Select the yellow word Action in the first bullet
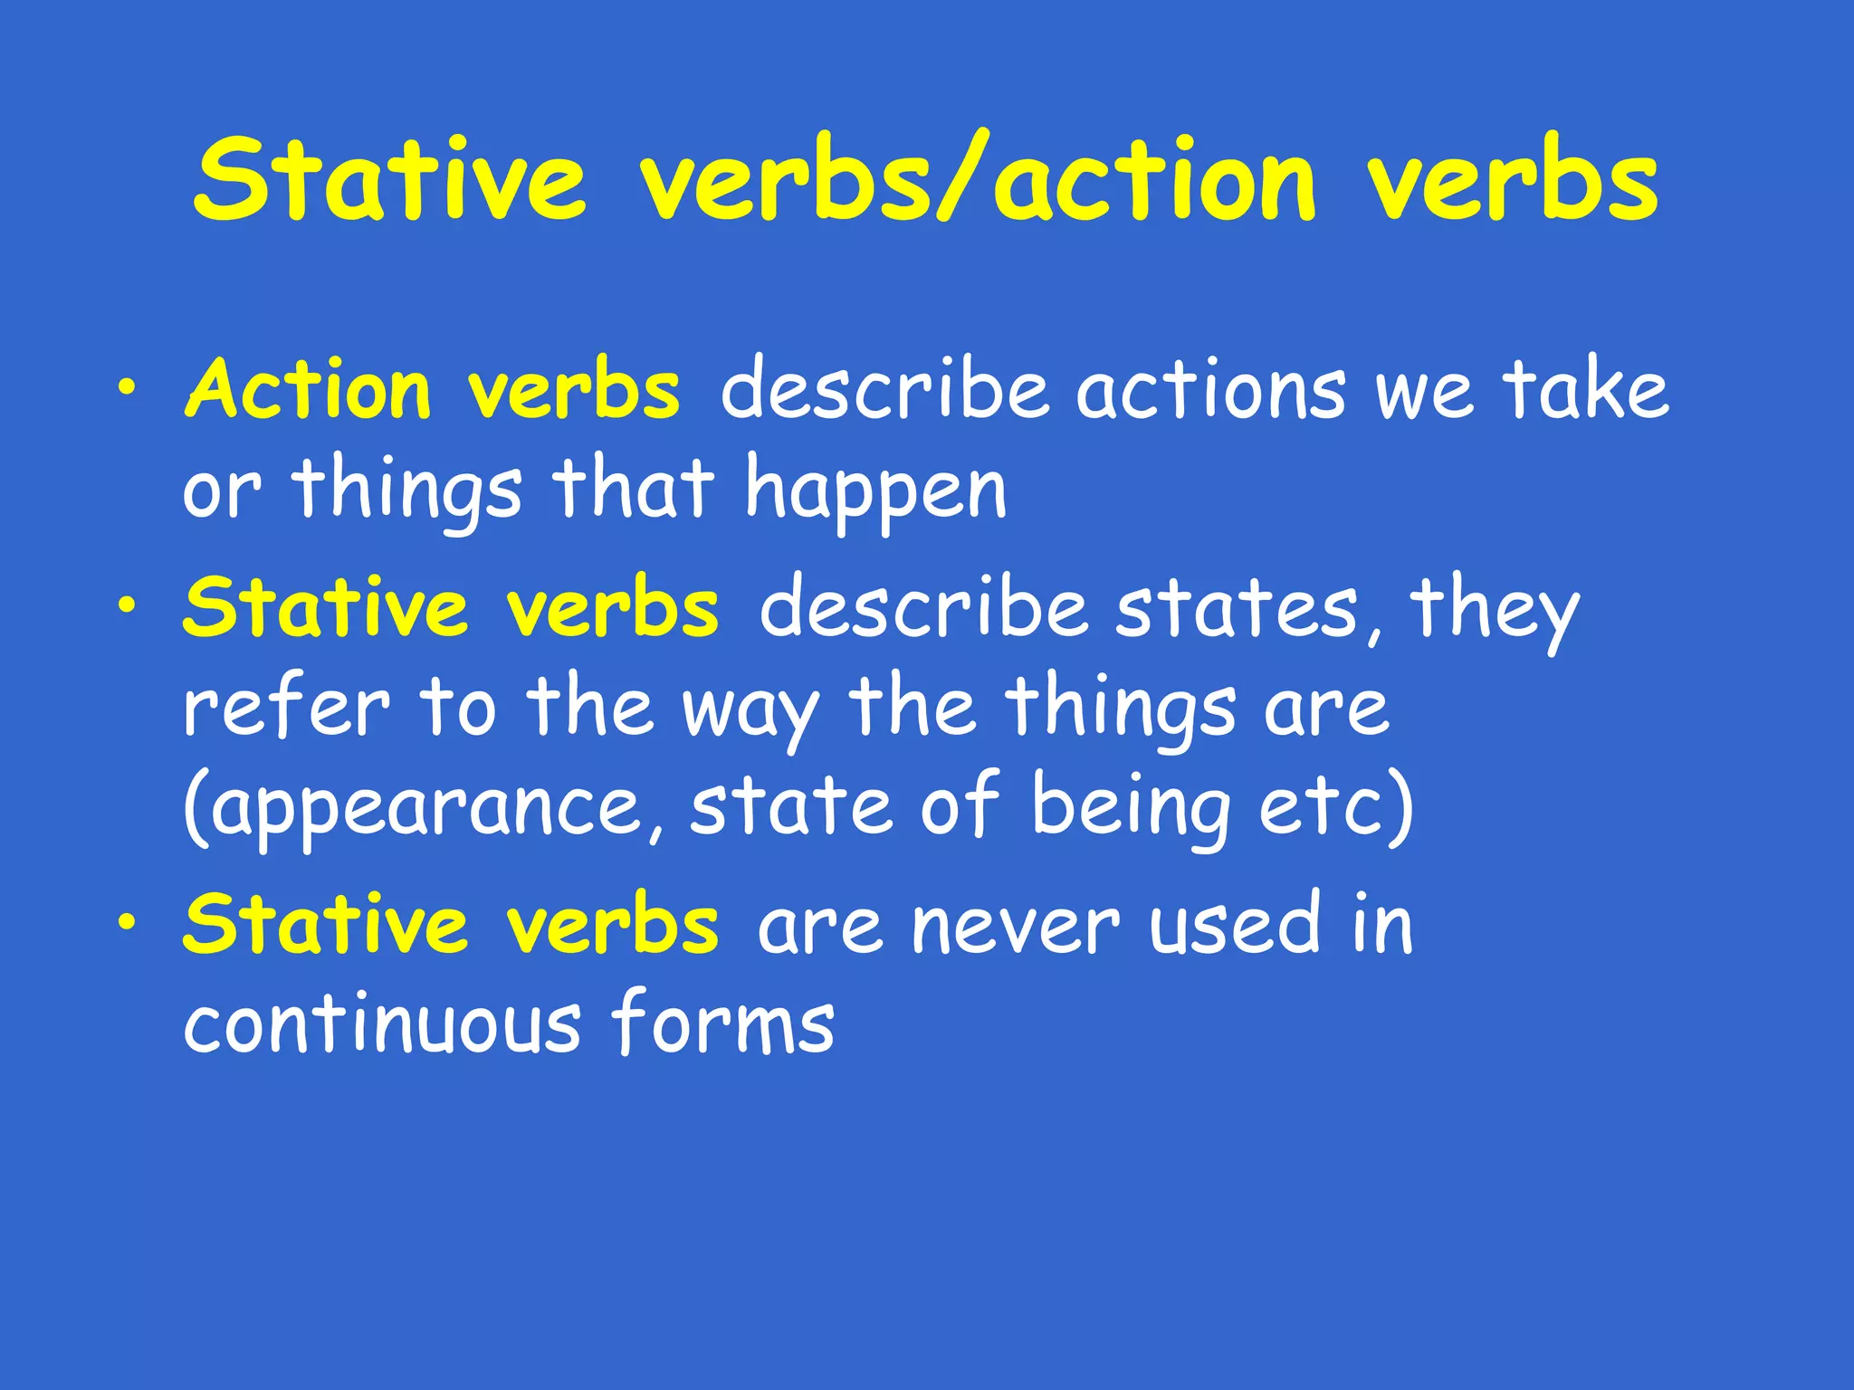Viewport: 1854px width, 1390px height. [308, 391]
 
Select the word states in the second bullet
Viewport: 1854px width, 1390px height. [1237, 608]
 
